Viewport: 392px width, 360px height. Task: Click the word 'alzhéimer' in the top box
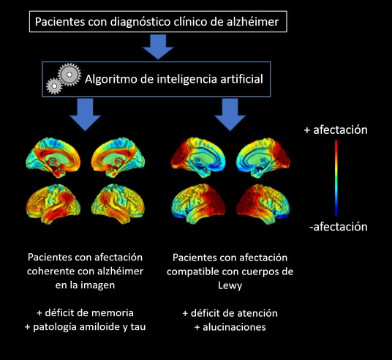click(252, 21)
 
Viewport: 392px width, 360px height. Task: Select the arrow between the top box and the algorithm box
click(158, 47)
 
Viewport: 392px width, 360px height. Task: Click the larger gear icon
click(69, 75)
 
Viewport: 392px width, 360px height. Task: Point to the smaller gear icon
click(54, 86)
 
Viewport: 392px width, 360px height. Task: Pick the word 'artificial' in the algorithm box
click(241, 79)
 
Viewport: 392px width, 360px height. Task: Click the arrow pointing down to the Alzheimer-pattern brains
click(85, 114)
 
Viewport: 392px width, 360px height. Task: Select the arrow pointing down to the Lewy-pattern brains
click(230, 114)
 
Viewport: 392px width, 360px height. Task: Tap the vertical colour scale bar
click(336, 178)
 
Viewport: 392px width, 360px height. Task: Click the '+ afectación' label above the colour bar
click(336, 130)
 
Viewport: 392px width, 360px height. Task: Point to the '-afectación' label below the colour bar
click(339, 227)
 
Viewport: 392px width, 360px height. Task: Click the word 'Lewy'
click(230, 285)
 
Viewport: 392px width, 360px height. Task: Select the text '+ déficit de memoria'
click(85, 313)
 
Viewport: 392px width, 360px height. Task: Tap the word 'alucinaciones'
click(234, 327)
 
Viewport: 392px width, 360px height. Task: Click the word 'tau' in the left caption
click(137, 327)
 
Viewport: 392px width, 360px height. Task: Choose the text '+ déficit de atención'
click(230, 313)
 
